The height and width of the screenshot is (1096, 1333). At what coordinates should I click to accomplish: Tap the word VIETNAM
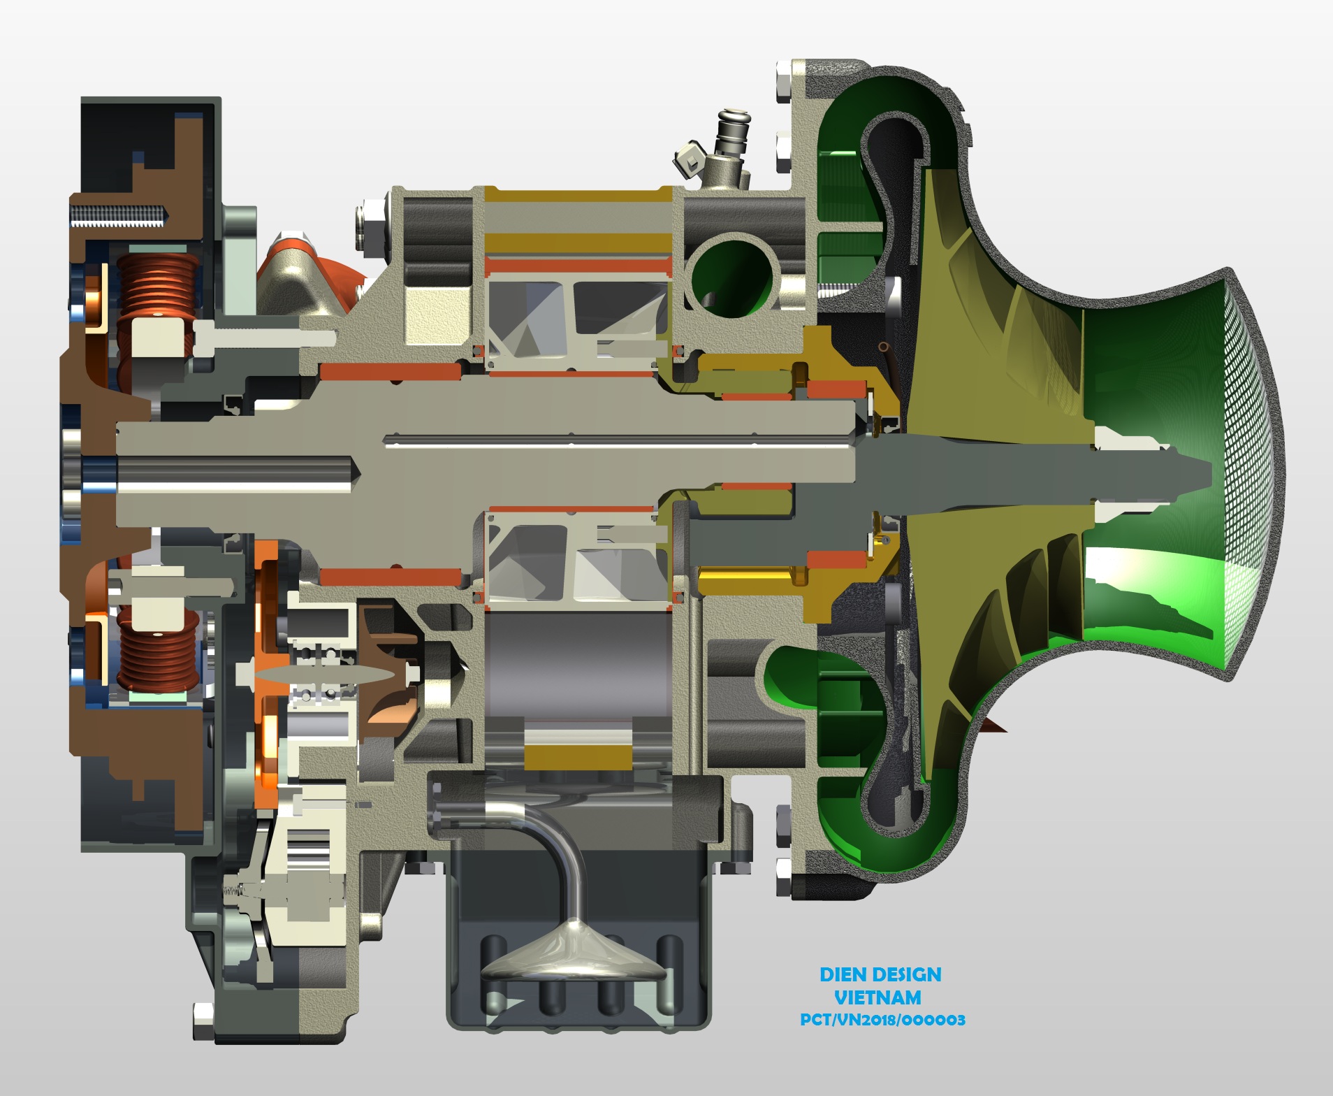877,997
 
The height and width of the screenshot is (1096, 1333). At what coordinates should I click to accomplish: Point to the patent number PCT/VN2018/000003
882,1020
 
